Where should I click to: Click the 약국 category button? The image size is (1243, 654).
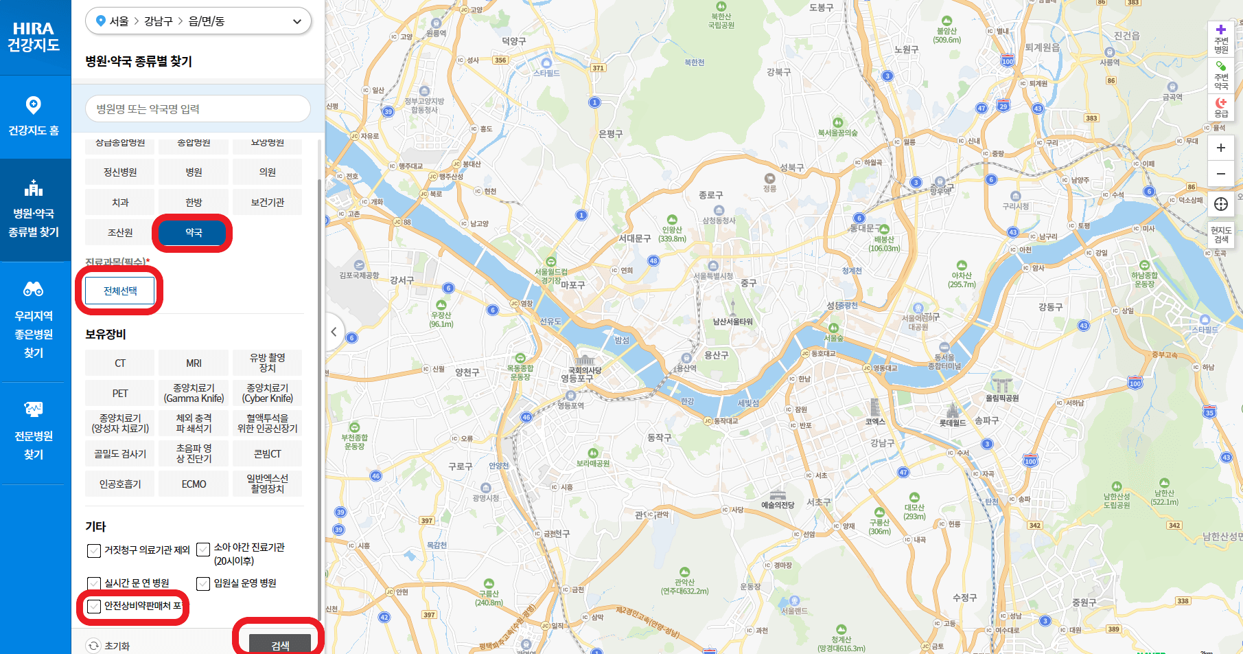click(x=194, y=233)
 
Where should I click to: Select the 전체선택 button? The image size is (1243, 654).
click(x=120, y=291)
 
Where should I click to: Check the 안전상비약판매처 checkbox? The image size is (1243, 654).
click(x=94, y=607)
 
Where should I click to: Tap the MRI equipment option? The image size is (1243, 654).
click(x=194, y=363)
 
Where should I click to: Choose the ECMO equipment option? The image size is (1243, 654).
click(x=194, y=484)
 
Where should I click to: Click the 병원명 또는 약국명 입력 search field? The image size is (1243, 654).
click(x=198, y=109)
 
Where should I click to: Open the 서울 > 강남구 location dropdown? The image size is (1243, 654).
click(x=198, y=21)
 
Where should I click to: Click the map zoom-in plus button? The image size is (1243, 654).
click(x=1221, y=148)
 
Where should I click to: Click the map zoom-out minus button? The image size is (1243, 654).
click(x=1221, y=174)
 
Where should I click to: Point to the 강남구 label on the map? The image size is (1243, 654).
click(x=882, y=443)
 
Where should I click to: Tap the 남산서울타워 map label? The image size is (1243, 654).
click(x=732, y=321)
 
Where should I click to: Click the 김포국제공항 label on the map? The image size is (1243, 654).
click(x=359, y=275)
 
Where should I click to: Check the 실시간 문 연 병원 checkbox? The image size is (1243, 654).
click(x=94, y=584)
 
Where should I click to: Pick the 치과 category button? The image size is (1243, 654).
click(x=120, y=203)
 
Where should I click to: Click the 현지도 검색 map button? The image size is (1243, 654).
click(x=1221, y=234)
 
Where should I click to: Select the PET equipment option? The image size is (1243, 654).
click(x=120, y=394)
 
